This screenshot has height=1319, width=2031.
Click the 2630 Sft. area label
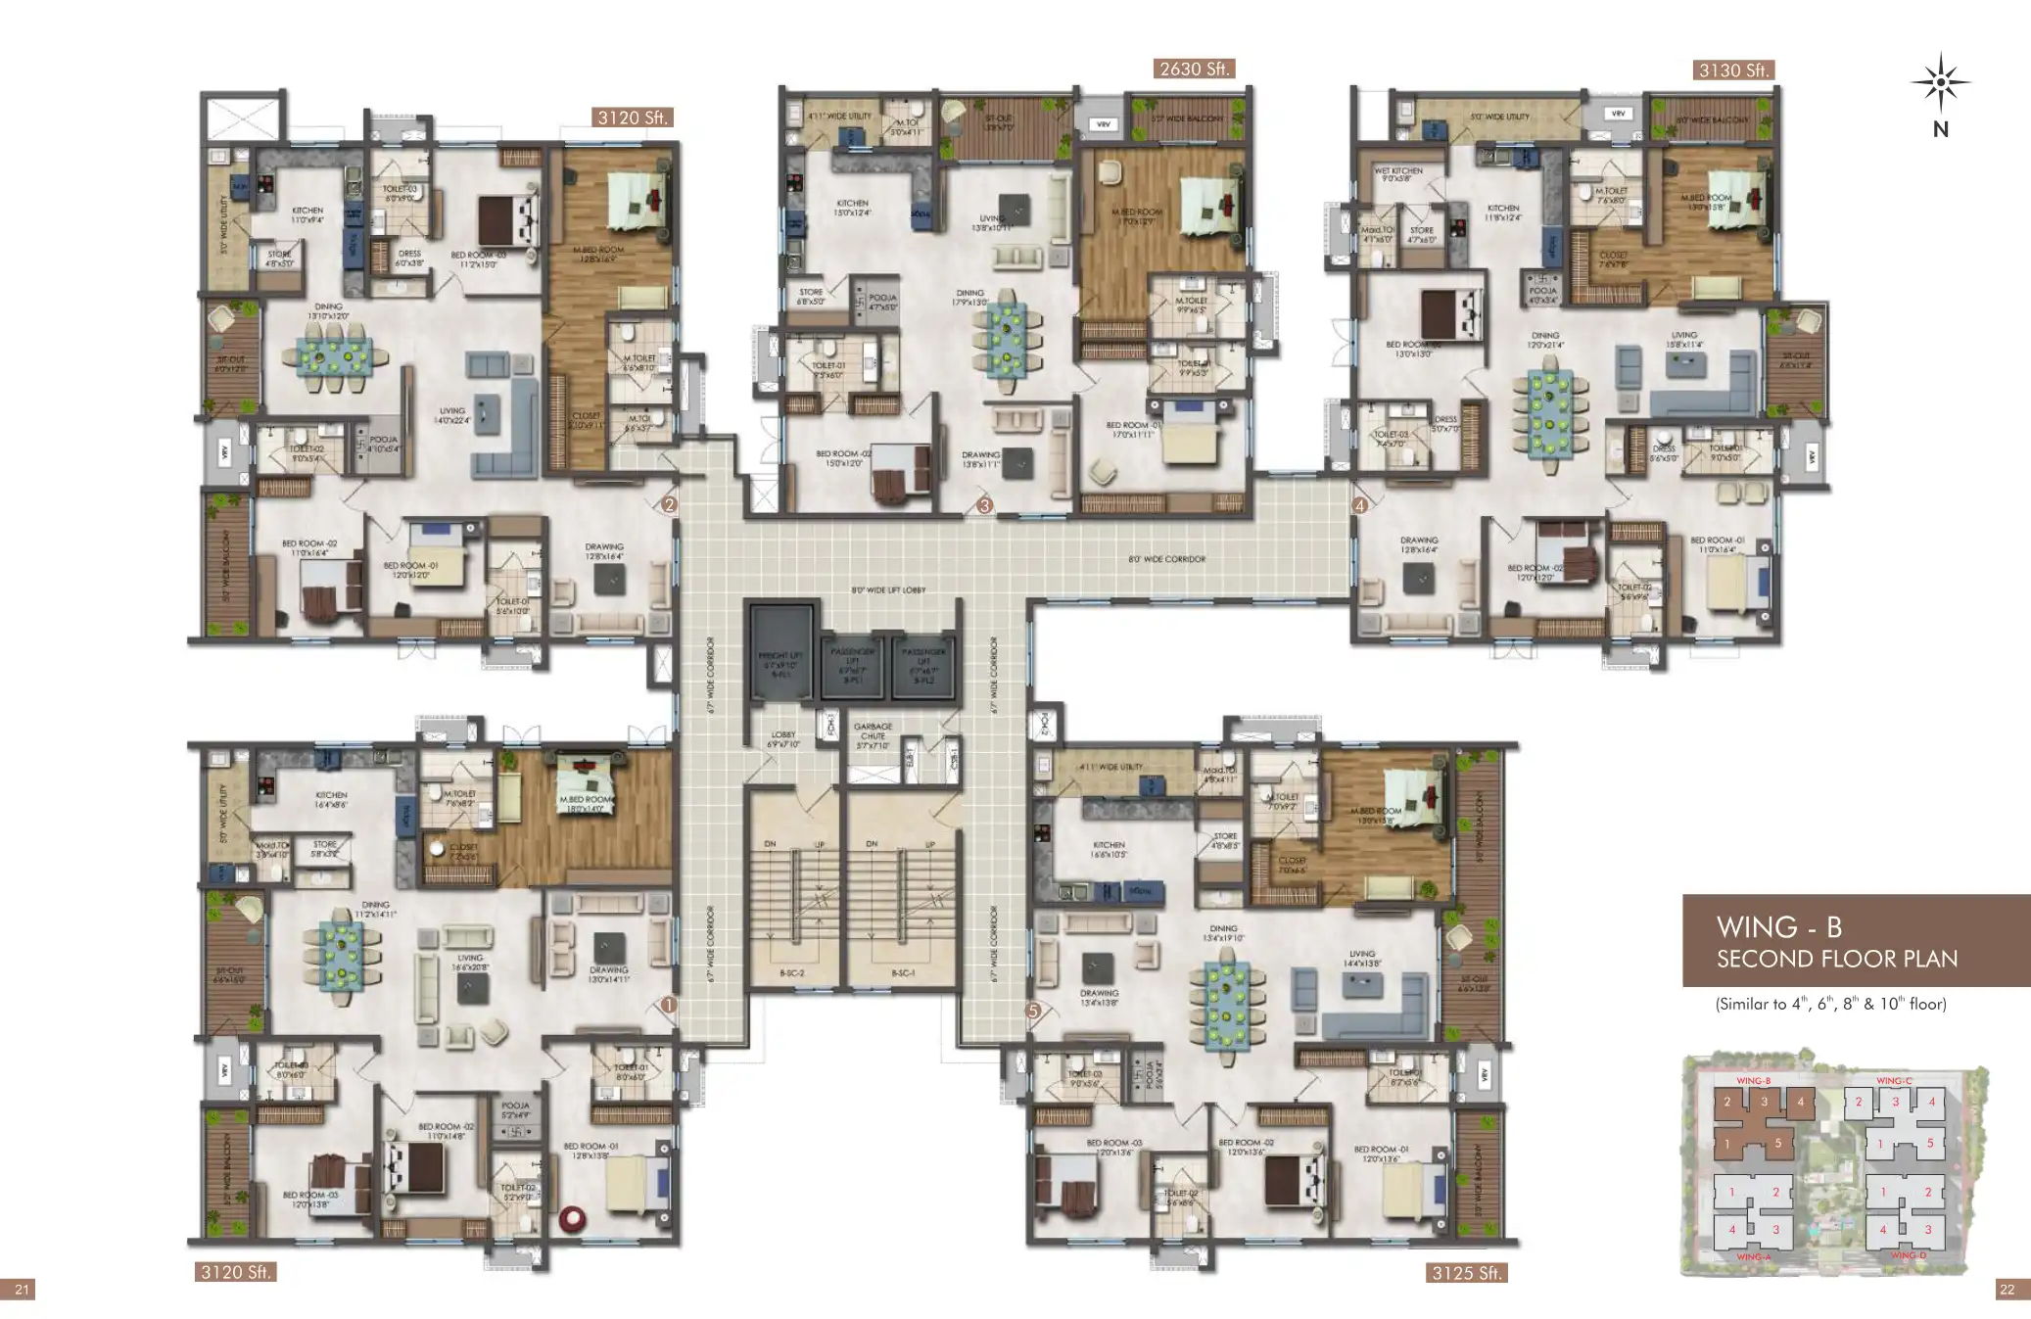pos(1194,69)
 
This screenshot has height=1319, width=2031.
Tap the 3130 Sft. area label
pos(1733,71)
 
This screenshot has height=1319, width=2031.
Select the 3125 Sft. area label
pos(1466,1273)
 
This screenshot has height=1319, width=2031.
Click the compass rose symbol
pos(1940,83)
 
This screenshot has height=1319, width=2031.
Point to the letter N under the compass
pos(1940,129)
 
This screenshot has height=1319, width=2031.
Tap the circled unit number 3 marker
pos(985,505)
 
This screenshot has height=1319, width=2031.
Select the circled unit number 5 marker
pos(1032,1011)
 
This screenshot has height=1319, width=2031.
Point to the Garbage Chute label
pos(872,731)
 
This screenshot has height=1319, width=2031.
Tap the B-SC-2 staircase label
pos(791,973)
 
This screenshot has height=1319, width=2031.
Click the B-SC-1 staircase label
pos(902,973)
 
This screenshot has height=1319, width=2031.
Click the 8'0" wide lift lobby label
pos(888,590)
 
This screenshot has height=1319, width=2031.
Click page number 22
pos(2007,1290)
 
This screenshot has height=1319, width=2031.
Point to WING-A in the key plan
pos(1752,1256)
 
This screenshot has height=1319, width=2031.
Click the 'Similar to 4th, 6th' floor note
pos(1830,1004)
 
